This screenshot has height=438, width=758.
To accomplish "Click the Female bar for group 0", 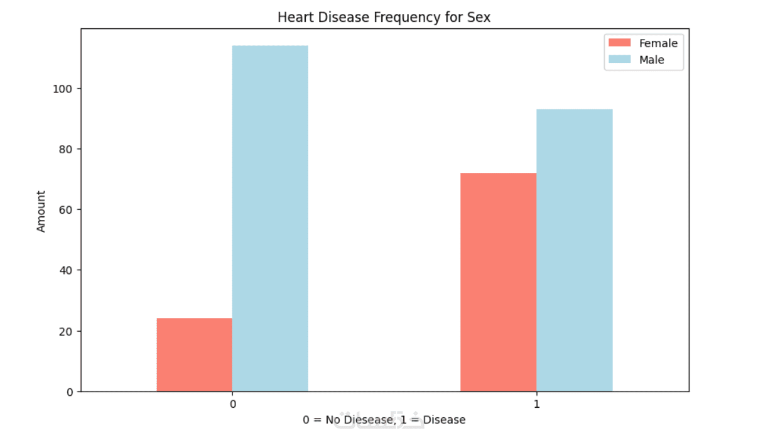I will tap(194, 354).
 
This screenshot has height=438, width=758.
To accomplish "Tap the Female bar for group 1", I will tap(498, 282).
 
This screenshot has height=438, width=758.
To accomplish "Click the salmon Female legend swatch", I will tap(619, 43).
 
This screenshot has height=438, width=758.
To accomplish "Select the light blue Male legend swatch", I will tap(619, 60).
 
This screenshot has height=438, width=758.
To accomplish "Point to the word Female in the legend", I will tap(658, 43).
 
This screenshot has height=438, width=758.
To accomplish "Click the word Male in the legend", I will tap(651, 60).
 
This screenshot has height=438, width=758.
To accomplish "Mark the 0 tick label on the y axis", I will tap(70, 391).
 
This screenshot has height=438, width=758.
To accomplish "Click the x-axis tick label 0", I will tap(233, 404).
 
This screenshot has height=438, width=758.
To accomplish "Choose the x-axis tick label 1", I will tap(536, 404).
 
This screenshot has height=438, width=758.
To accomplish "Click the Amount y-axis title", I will tap(41, 212).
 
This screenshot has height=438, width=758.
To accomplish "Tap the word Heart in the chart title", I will tap(292, 18).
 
